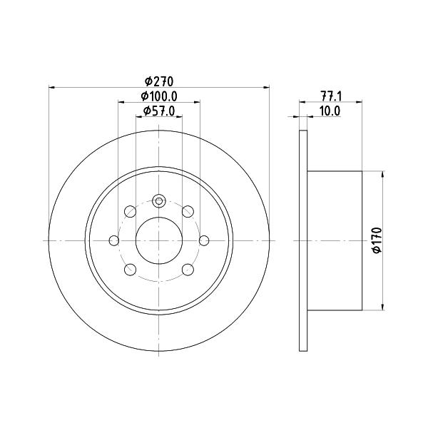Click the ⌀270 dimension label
159,81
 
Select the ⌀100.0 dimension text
159,96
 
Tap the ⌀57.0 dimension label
159,111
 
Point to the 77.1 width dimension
331,96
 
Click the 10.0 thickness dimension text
330,111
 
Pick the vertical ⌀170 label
377,240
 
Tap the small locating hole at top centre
159,202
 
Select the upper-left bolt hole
131,212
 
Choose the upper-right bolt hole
188,212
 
